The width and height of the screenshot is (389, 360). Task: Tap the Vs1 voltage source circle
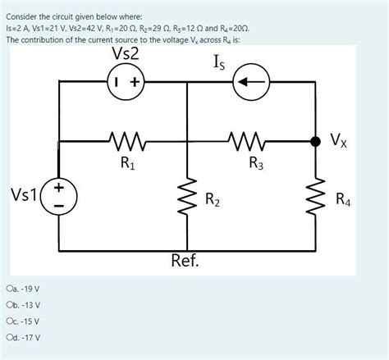[59, 197]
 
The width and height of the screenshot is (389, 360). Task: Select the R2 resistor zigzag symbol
[187, 197]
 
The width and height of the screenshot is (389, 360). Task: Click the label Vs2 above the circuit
[125, 55]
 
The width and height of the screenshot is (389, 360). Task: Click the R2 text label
[213, 198]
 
